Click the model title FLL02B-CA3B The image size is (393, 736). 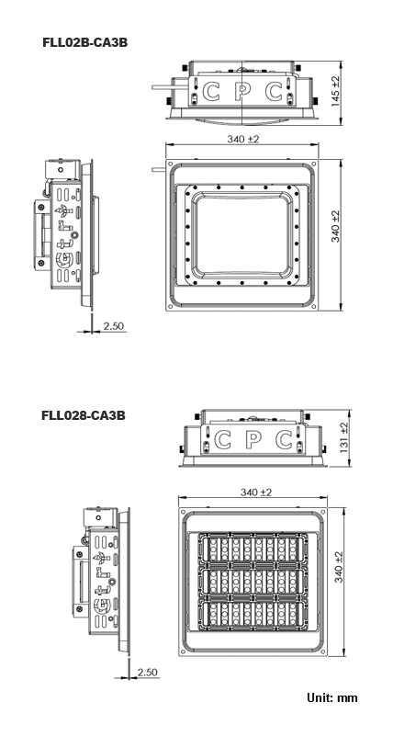pos(84,42)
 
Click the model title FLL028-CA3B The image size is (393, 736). pos(84,415)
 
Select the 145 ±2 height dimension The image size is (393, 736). pos(336,91)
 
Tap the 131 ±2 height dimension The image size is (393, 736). pos(343,437)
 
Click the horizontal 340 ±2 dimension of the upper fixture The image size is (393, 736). pos(243,140)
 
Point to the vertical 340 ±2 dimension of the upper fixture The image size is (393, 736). pos(336,226)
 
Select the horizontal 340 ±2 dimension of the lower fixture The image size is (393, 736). pos(256,493)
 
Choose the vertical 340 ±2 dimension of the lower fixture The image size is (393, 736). pos(339,567)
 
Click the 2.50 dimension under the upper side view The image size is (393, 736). pos(115,326)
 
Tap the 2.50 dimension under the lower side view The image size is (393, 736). pos(147,673)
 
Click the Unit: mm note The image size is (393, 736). pos(332,697)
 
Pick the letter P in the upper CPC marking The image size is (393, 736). pos(241,92)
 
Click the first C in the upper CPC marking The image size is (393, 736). pos(211,92)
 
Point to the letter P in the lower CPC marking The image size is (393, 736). pos(253,440)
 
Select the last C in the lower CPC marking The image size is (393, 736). pos(284,440)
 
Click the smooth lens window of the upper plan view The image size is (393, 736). pos(243,234)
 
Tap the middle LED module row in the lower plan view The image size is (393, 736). pos(253,582)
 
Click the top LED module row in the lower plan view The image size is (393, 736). pos(253,549)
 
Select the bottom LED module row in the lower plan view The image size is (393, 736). pos(253,614)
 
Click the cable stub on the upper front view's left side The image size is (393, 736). pos(163,87)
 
